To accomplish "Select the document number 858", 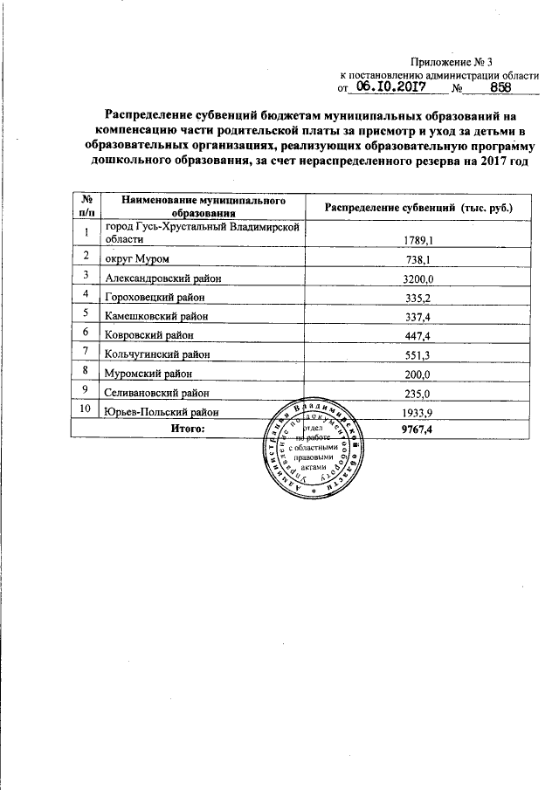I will (500, 88).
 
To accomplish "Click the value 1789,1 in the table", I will (418, 239).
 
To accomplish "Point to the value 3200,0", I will (418, 278).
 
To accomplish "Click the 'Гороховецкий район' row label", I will (155, 298).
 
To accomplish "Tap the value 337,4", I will (418, 317).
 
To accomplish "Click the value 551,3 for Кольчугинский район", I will (418, 354).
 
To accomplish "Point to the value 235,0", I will (418, 393).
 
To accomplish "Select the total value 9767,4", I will (418, 429).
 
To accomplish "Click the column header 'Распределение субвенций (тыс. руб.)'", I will (418, 208).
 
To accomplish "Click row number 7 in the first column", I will (86, 351).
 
